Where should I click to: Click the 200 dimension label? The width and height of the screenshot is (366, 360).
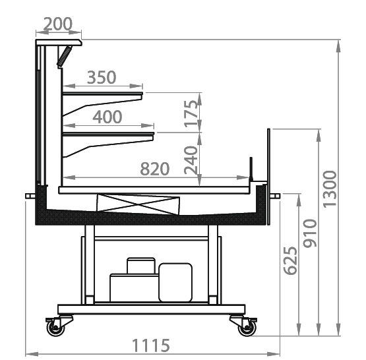tap(58, 24)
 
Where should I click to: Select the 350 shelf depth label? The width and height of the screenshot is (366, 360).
tap(102, 77)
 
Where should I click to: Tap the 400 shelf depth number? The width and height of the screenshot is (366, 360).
tap(107, 117)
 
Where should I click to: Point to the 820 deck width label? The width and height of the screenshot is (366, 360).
tap(155, 169)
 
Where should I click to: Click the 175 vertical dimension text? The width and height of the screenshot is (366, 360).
tap(191, 113)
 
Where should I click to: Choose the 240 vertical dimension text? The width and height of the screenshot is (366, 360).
tap(191, 160)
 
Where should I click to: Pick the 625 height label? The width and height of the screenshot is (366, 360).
tap(290, 260)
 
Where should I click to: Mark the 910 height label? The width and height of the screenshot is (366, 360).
tap(310, 233)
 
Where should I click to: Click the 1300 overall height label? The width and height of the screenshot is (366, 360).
tap(330, 189)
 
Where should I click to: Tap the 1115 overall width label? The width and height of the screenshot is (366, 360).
tap(151, 345)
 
